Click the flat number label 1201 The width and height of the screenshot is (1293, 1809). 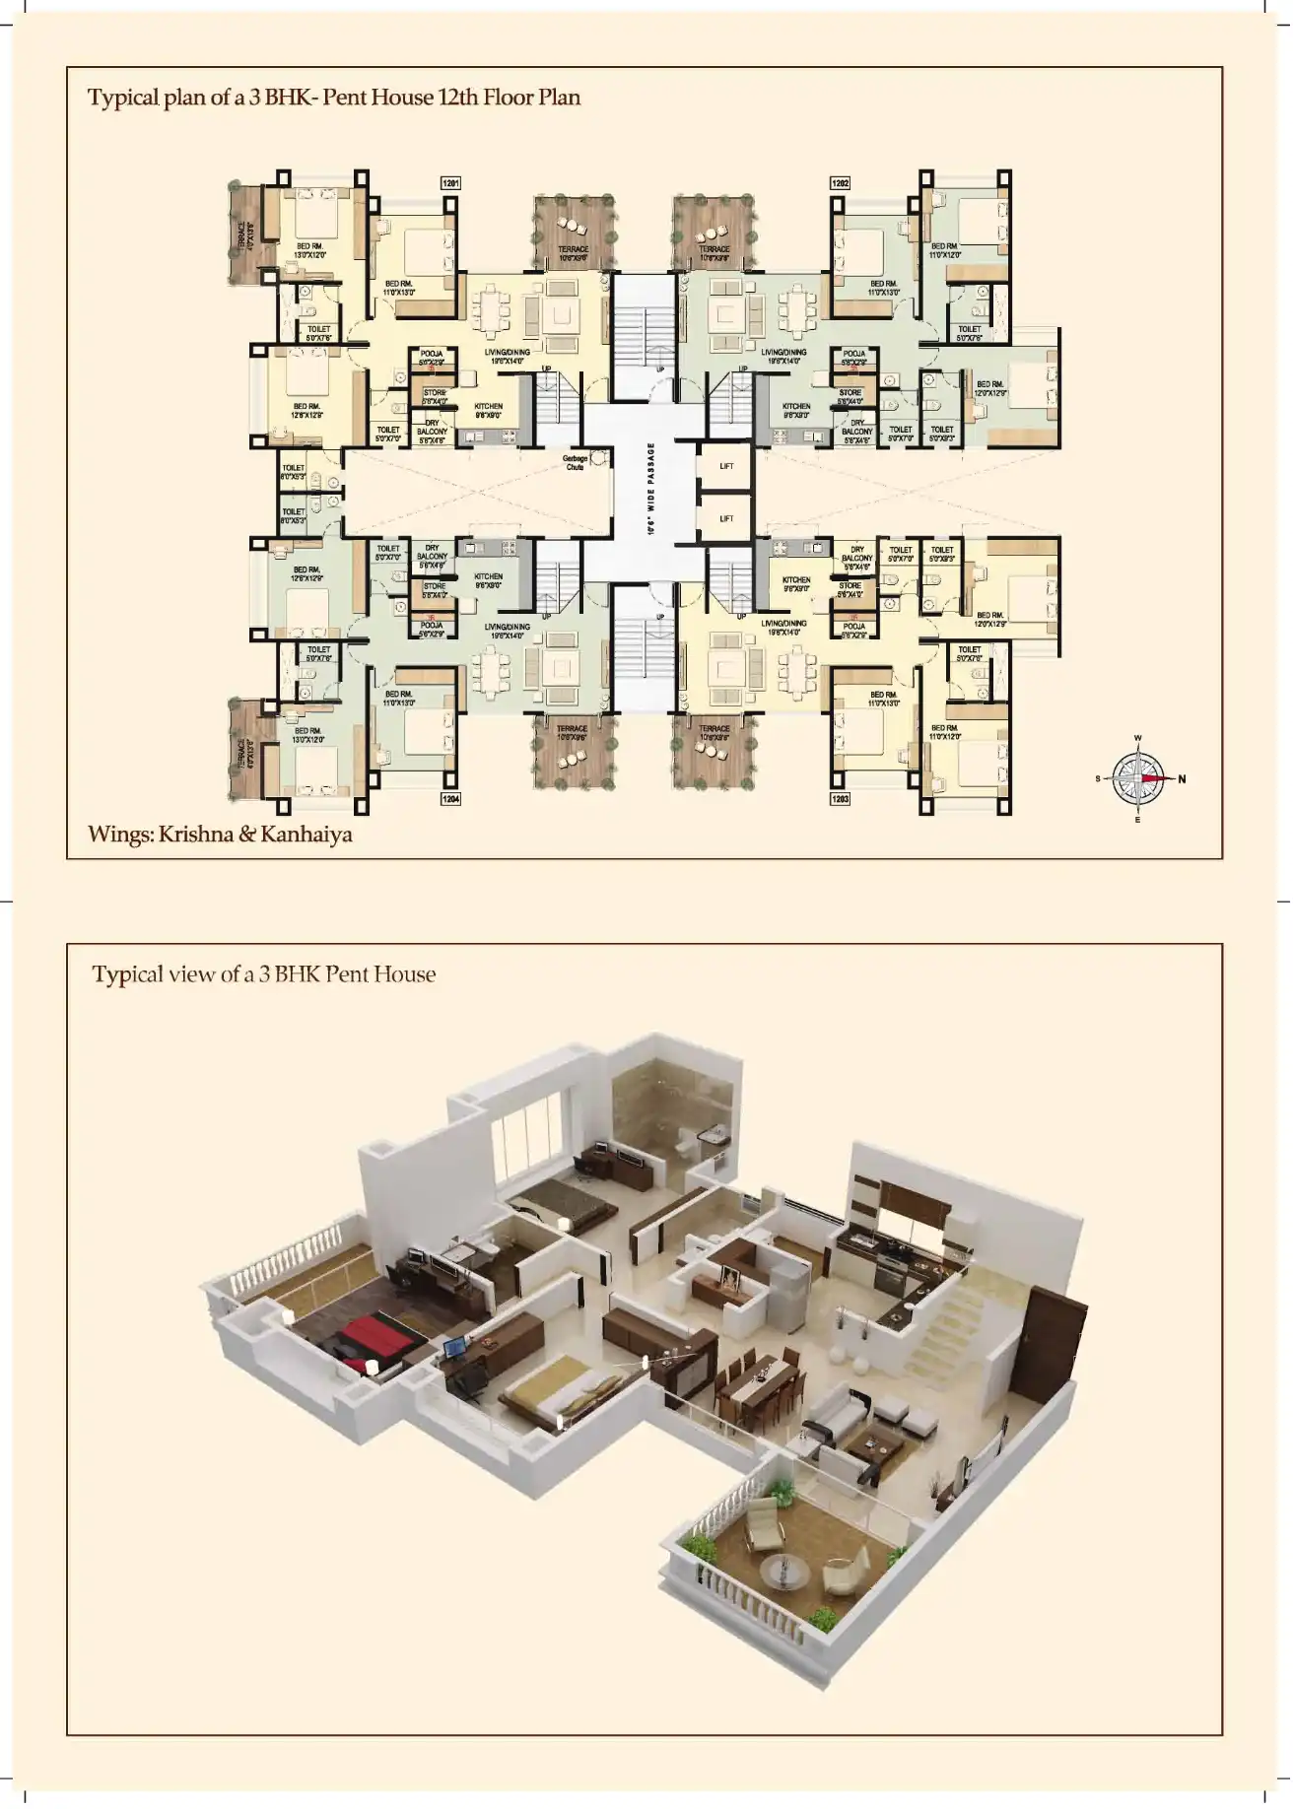451,183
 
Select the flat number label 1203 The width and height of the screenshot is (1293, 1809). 841,799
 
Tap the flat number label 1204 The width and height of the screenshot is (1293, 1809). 451,799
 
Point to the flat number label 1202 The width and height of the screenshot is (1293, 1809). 841,183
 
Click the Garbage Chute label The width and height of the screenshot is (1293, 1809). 575,462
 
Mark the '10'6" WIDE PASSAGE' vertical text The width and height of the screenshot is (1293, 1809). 650,490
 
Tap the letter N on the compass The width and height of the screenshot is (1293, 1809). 1183,779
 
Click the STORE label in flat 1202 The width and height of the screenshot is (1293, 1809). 850,393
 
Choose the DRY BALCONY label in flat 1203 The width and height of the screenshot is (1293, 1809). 857,554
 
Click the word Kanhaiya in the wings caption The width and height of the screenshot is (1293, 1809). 307,835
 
